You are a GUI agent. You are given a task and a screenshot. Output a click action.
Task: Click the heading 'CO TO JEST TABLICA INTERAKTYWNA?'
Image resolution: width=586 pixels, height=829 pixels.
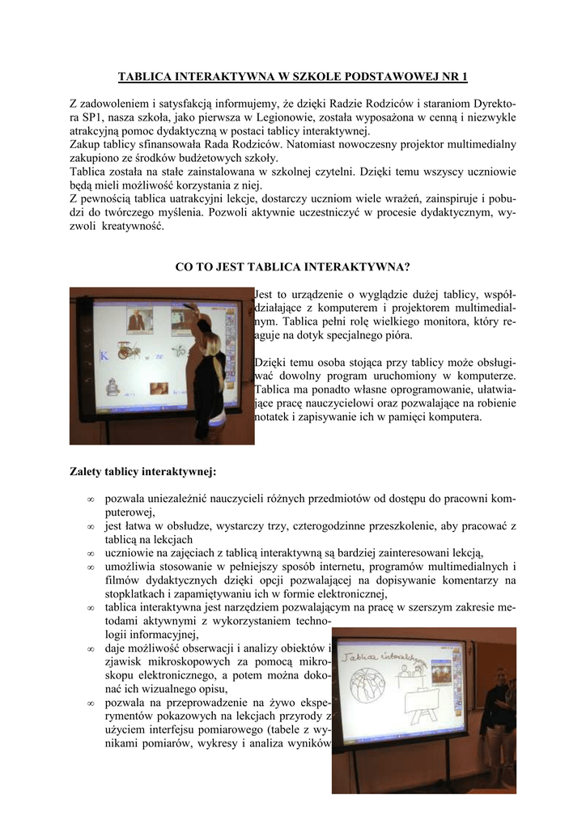click(x=292, y=266)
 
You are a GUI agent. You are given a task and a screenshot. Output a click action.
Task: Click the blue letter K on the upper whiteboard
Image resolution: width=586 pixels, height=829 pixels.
click(x=103, y=355)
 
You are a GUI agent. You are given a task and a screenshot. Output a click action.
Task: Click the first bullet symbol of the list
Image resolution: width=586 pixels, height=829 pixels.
click(x=91, y=499)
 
